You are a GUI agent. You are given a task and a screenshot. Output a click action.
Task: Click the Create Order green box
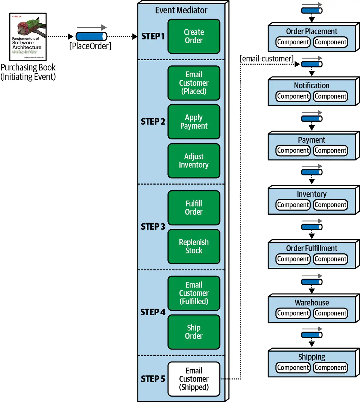click(194, 36)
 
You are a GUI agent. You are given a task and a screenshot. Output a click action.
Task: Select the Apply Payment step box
click(194, 122)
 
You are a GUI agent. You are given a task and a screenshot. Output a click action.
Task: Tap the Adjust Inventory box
click(194, 161)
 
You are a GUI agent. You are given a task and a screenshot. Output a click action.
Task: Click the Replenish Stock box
click(194, 246)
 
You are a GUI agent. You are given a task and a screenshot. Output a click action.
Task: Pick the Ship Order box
click(194, 332)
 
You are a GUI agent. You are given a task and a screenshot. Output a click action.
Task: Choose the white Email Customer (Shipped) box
click(194, 379)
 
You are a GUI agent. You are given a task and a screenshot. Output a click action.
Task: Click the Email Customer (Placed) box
click(194, 83)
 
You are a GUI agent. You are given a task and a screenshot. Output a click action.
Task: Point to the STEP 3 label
click(153, 227)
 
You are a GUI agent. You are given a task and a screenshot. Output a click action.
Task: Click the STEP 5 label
click(153, 379)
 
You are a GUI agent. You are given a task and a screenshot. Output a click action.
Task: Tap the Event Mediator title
click(181, 10)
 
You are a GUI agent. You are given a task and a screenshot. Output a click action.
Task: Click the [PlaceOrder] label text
click(90, 46)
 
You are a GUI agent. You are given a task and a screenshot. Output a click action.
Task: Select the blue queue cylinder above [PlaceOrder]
click(91, 37)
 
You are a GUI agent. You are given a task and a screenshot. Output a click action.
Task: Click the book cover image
click(28, 37)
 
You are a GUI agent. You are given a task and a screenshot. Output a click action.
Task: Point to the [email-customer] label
click(266, 58)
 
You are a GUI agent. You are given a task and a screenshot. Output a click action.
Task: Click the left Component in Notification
click(293, 96)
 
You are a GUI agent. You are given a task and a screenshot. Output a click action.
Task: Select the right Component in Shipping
click(330, 368)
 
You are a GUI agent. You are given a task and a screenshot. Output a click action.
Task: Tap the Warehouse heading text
click(312, 302)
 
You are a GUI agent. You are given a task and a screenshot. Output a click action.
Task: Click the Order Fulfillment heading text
click(312, 248)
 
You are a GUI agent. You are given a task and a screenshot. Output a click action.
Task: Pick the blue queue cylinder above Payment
click(312, 119)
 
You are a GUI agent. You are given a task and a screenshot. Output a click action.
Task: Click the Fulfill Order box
click(194, 208)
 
